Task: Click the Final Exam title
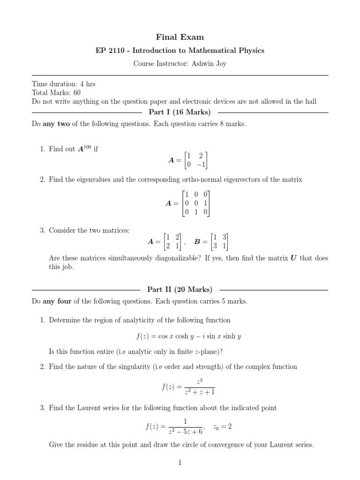coord(180,37)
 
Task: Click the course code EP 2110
coord(108,51)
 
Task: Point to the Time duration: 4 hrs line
coord(63,84)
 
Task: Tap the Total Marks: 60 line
coord(56,93)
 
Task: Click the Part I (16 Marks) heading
coord(180,112)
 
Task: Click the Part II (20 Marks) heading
coord(180,289)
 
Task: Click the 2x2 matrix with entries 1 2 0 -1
coord(195,160)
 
